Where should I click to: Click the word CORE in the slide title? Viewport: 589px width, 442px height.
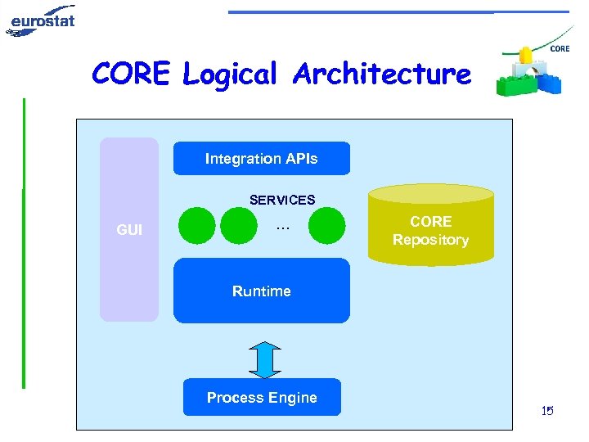click(x=131, y=73)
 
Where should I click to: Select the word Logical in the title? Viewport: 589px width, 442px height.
click(x=230, y=74)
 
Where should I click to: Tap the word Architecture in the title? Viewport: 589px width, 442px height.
click(x=382, y=73)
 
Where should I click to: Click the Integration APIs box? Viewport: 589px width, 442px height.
click(x=262, y=158)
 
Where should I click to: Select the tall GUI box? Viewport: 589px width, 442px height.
click(x=129, y=229)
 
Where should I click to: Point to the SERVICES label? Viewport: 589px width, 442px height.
click(x=282, y=200)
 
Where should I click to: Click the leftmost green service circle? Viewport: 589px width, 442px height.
click(x=197, y=226)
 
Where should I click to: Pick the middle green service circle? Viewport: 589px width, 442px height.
click(x=239, y=226)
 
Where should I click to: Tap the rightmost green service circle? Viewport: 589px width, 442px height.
click(x=326, y=226)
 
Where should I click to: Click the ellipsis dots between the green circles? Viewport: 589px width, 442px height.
click(x=282, y=228)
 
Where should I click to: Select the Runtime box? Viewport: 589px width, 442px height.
click(x=262, y=291)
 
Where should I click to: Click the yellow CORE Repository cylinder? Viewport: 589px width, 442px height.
click(x=431, y=225)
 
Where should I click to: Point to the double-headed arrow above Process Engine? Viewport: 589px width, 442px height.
click(x=265, y=359)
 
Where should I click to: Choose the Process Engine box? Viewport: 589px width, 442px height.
click(x=262, y=397)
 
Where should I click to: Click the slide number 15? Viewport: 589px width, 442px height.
click(x=547, y=410)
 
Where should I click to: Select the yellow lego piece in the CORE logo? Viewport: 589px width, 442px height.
click(x=525, y=55)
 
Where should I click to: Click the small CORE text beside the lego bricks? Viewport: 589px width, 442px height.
click(x=560, y=49)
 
